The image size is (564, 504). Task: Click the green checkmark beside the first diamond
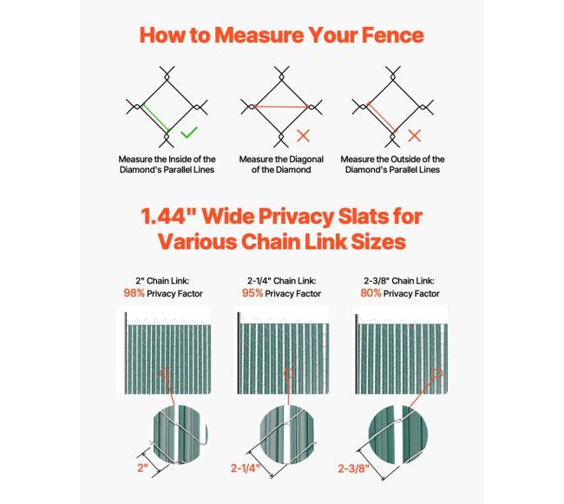(188, 133)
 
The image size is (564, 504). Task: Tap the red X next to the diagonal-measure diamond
(303, 136)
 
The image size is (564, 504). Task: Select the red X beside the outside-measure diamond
(415, 136)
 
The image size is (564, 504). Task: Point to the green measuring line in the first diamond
(155, 117)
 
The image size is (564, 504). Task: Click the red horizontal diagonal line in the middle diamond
(281, 107)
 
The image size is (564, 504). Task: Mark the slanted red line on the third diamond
(382, 117)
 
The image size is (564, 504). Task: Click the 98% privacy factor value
(134, 293)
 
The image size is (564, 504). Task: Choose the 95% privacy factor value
(252, 293)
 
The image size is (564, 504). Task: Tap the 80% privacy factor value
(371, 293)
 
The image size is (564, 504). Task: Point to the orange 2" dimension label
(142, 468)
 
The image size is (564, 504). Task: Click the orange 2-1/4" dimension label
(245, 468)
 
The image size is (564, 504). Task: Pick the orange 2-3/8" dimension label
(353, 468)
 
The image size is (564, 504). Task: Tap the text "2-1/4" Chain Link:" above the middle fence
(282, 281)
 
